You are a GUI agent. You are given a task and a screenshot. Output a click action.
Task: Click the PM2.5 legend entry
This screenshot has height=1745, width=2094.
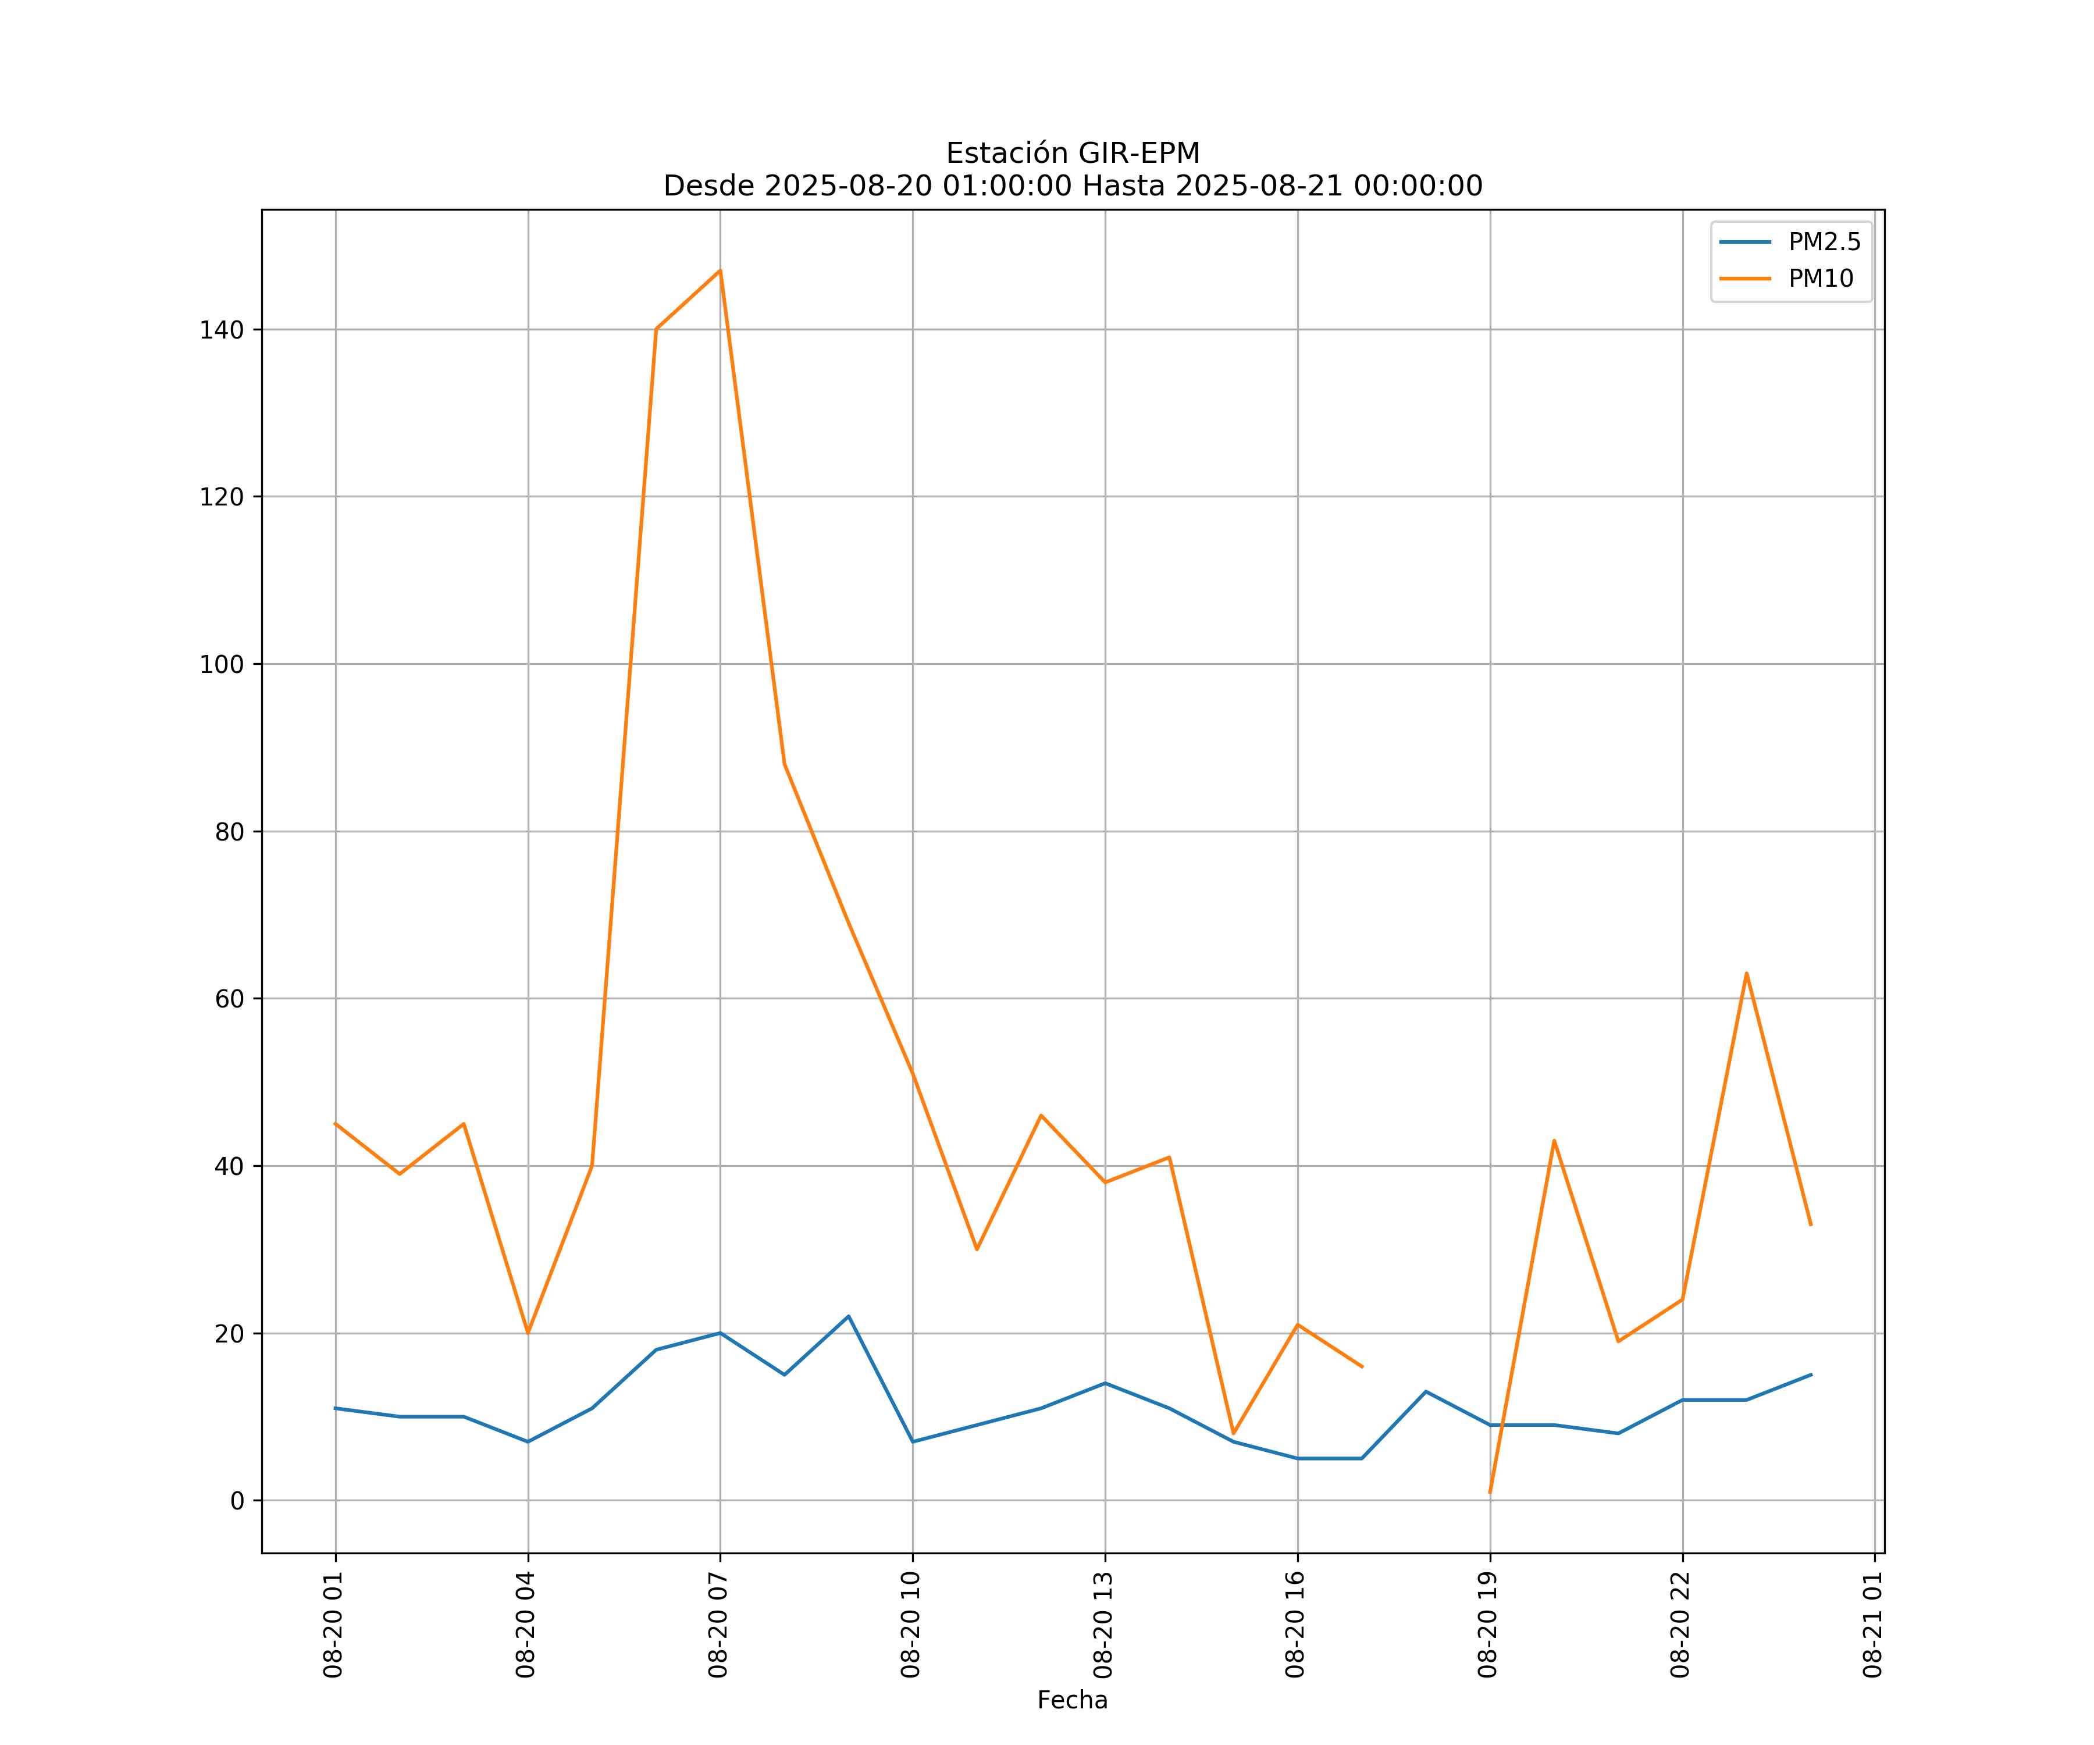pos(1824,243)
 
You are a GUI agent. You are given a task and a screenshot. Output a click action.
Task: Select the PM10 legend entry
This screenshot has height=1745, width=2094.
pos(1821,279)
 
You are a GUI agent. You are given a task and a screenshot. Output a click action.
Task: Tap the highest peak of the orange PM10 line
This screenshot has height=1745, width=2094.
pos(720,270)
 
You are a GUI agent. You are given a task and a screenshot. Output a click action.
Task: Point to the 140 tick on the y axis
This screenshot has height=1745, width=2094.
pos(222,330)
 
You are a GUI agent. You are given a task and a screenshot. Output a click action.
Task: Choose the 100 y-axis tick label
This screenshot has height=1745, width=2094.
pos(222,664)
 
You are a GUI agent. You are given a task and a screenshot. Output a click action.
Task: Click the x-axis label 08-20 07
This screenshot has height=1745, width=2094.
pos(718,1625)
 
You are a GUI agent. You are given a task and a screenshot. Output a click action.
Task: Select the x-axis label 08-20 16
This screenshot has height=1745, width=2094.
pos(1295,1625)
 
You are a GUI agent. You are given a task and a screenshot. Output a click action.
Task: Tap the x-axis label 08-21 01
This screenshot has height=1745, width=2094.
pos(1872,1625)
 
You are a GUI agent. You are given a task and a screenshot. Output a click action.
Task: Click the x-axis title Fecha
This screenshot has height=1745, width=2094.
pos(1072,1700)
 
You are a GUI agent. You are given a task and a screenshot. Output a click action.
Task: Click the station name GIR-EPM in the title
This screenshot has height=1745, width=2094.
pos(1139,154)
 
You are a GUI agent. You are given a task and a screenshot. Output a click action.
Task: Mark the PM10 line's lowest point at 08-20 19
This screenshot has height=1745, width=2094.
pos(1490,1492)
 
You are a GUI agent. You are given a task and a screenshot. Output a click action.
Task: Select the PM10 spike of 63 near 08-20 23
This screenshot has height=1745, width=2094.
pos(1746,973)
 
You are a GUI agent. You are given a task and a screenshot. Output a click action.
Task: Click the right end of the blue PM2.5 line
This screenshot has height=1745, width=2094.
pos(1811,1375)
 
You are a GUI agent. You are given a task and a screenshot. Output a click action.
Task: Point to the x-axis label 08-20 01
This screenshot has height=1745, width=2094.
pos(333,1625)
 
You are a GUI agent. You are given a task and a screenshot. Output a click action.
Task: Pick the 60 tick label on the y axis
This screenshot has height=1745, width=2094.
pos(229,999)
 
